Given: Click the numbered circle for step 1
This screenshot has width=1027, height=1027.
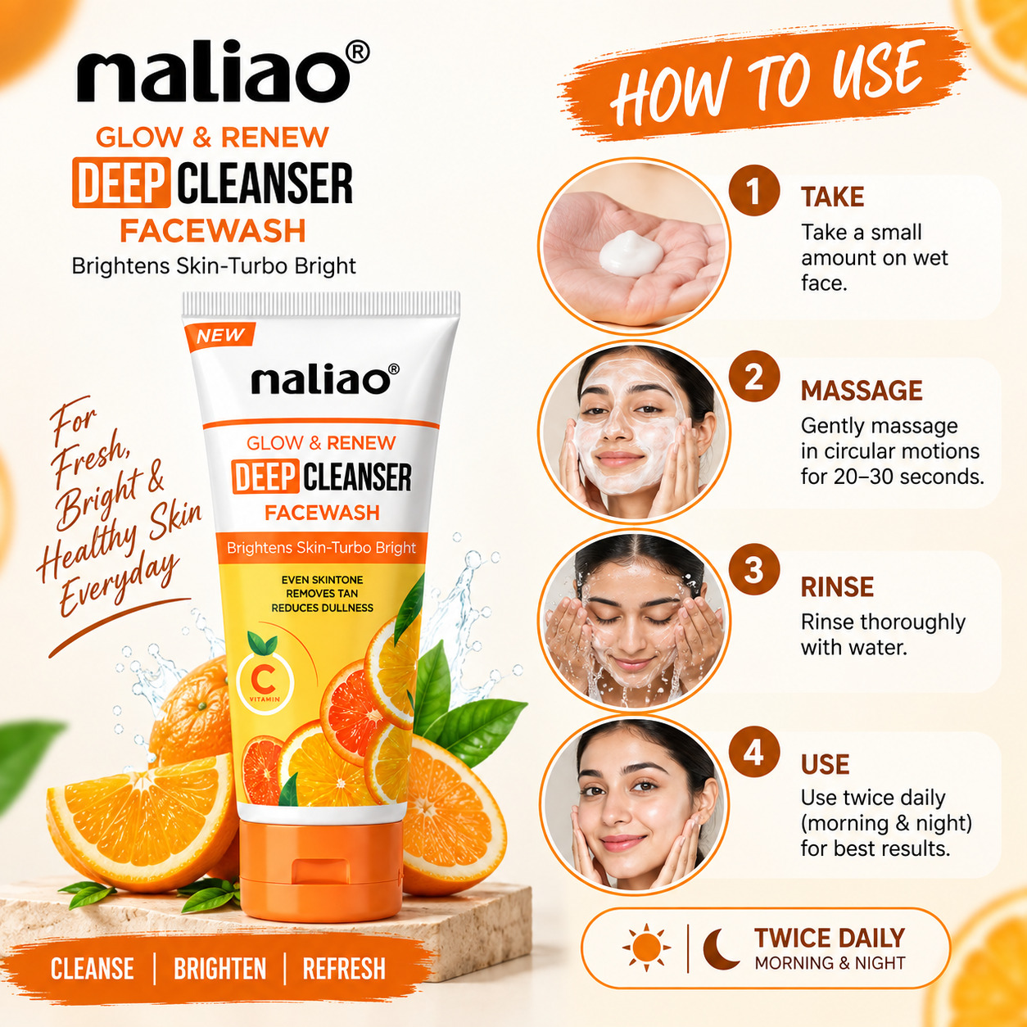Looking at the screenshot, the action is point(753,190).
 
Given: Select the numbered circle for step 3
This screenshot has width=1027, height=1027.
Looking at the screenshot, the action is point(753,568).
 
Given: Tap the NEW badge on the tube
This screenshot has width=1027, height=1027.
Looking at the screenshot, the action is point(220,337).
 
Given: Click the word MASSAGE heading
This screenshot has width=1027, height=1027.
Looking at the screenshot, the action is point(862,391).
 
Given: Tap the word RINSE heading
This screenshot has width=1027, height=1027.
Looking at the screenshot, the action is point(837,586).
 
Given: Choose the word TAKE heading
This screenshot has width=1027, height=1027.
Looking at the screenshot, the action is point(832,197).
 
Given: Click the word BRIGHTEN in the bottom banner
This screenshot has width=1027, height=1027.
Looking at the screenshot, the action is point(220,968).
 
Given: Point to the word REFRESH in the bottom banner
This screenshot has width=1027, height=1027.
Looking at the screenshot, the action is point(344,968).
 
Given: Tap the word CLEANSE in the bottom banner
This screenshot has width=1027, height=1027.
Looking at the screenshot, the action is point(93,968).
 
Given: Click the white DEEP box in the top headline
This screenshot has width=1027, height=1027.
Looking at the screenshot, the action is point(121,183).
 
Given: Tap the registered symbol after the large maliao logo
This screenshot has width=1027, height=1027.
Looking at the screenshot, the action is point(357,53).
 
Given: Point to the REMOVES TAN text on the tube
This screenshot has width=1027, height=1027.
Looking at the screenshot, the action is point(322,594).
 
